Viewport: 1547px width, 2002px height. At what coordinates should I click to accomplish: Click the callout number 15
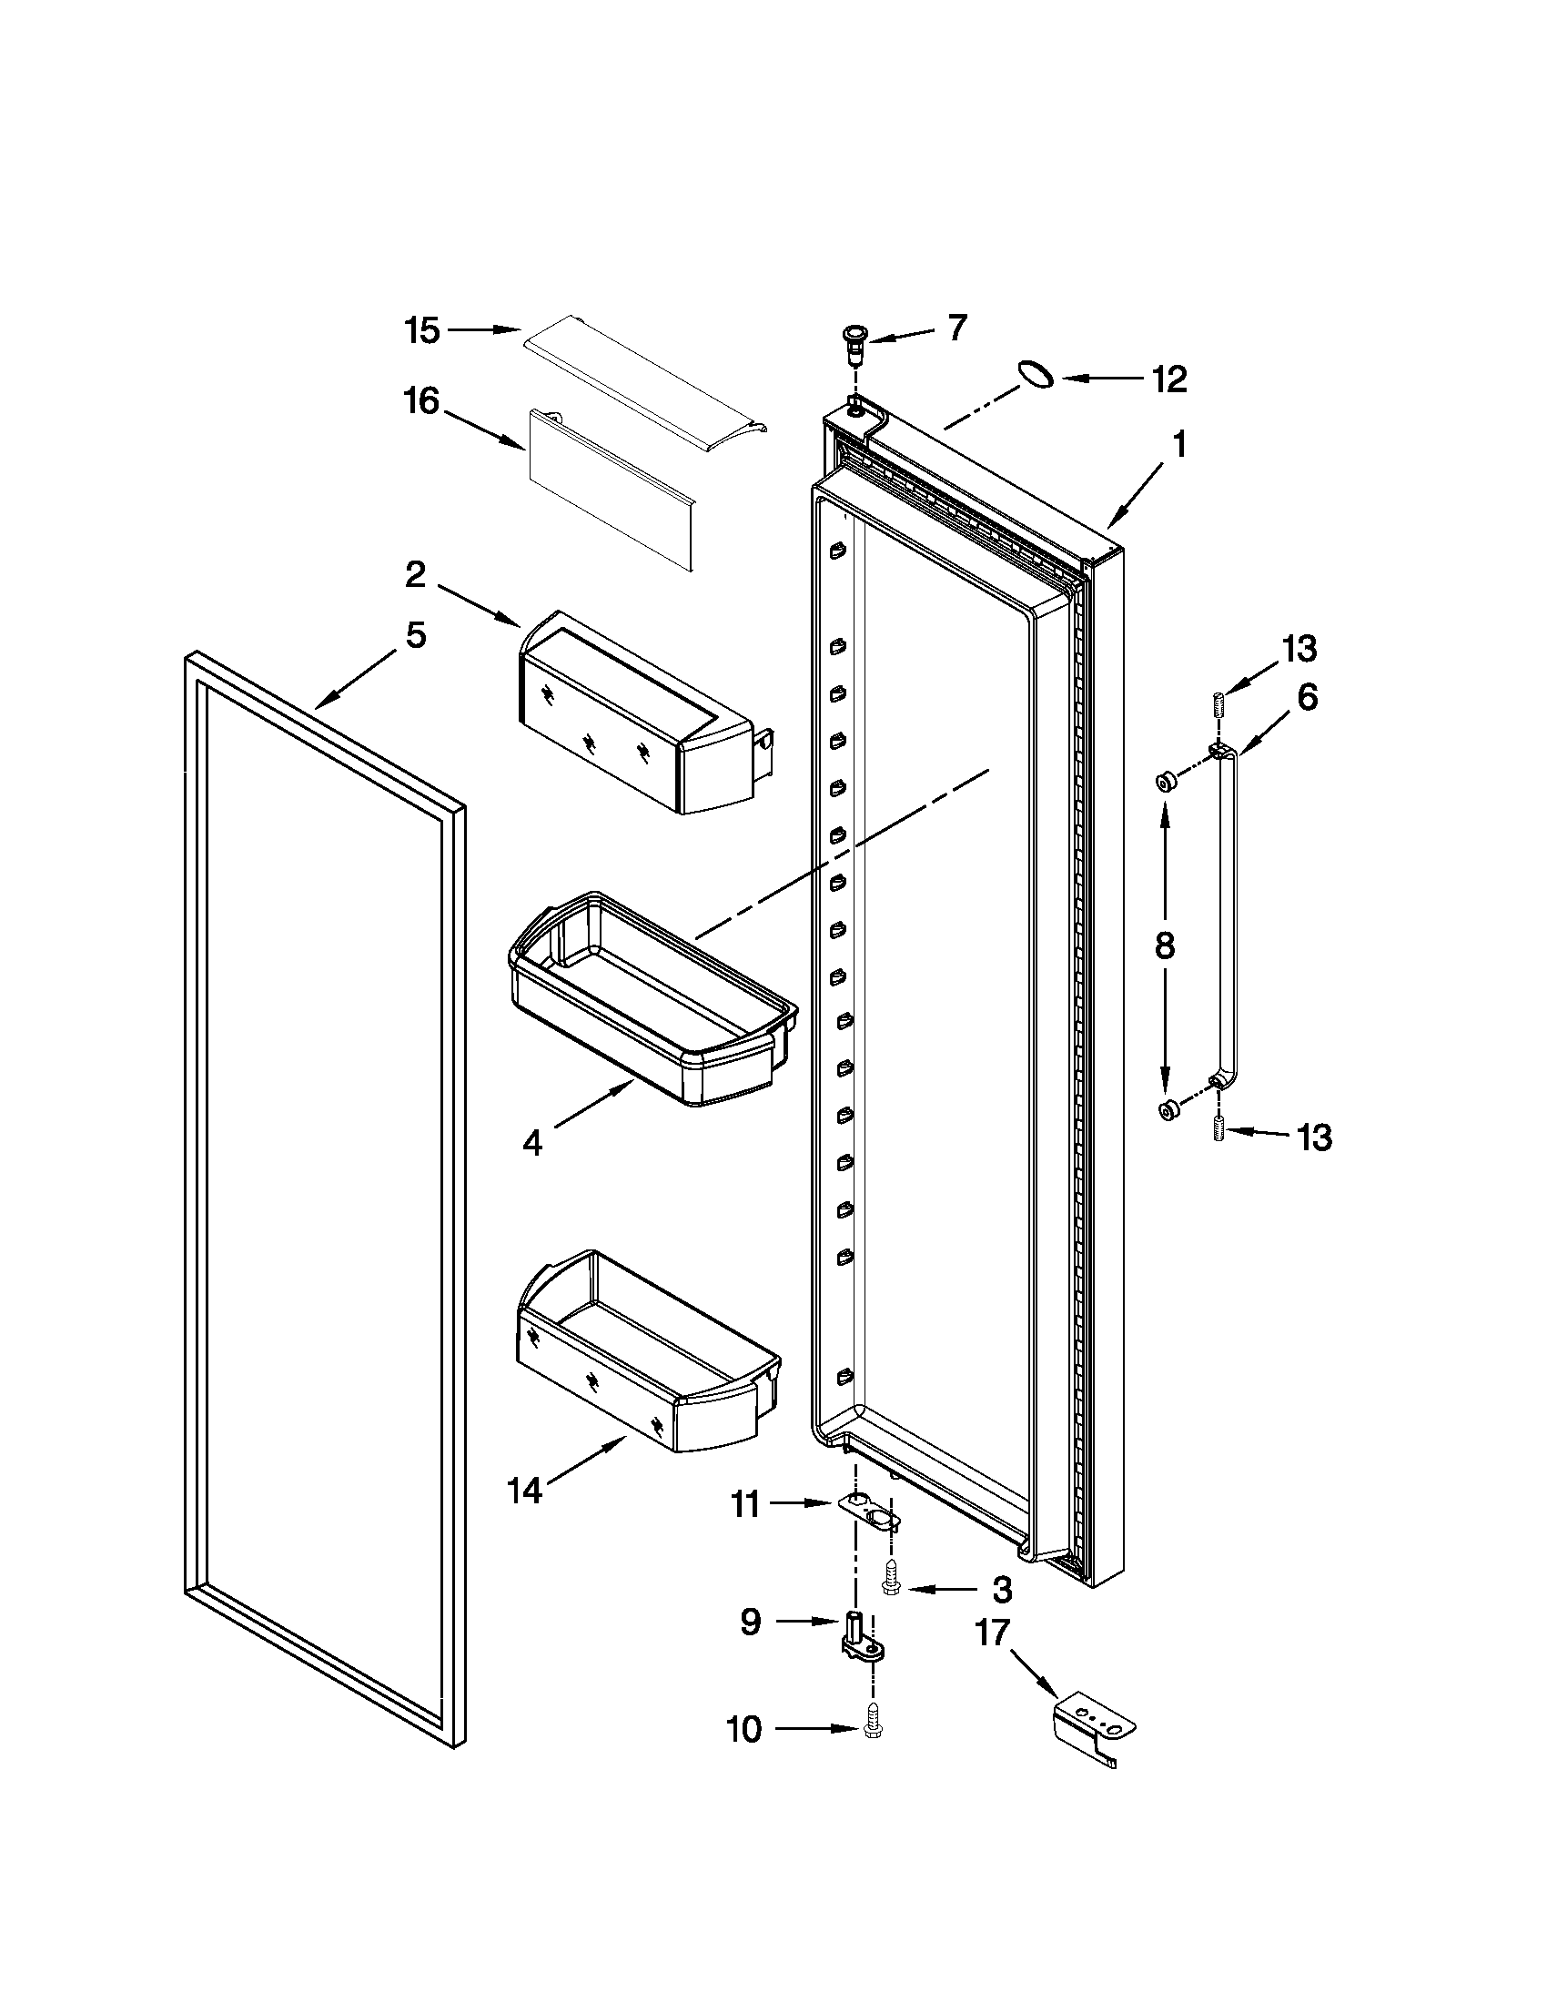(422, 331)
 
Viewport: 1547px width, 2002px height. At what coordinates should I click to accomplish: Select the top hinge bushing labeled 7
(855, 341)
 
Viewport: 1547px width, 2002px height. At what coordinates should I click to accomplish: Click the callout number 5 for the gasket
(416, 635)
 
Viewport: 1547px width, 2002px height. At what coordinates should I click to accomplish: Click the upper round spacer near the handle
(1167, 782)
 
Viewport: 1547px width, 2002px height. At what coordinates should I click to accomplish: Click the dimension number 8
(1165, 946)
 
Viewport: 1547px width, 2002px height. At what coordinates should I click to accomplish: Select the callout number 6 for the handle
(1307, 698)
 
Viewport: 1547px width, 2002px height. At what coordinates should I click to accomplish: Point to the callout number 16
(422, 401)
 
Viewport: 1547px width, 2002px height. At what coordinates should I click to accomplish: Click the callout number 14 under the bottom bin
(526, 1491)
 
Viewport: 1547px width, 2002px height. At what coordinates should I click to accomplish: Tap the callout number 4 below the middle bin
(532, 1143)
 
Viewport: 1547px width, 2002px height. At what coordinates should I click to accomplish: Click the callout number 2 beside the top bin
(415, 576)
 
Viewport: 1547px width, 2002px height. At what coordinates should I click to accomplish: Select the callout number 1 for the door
(1178, 446)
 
